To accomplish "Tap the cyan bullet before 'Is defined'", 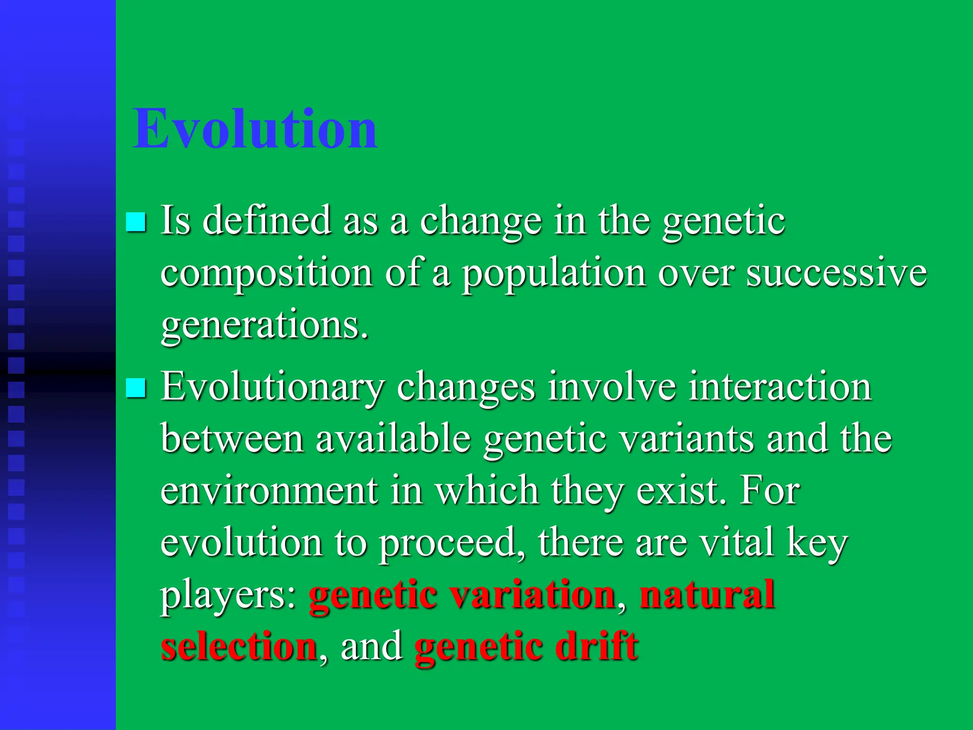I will click(136, 222).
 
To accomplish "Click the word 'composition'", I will click(267, 274).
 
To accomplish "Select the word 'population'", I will click(553, 274).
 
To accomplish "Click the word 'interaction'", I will click(780, 386).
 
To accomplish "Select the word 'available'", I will click(393, 438).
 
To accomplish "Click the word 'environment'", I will click(269, 490).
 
